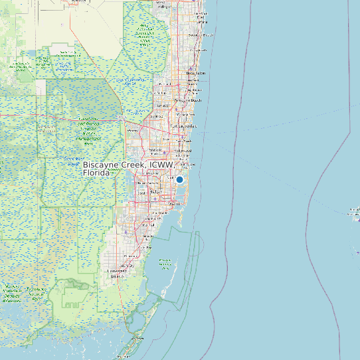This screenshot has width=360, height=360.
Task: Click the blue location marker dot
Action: point(179,179)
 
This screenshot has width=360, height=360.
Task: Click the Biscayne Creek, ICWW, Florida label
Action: point(128,168)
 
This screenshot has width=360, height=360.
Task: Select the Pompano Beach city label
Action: point(187,100)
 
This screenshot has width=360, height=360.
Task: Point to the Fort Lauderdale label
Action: point(184,126)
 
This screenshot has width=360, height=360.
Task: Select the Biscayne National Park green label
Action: point(165,265)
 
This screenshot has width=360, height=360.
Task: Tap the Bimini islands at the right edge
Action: point(353,213)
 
